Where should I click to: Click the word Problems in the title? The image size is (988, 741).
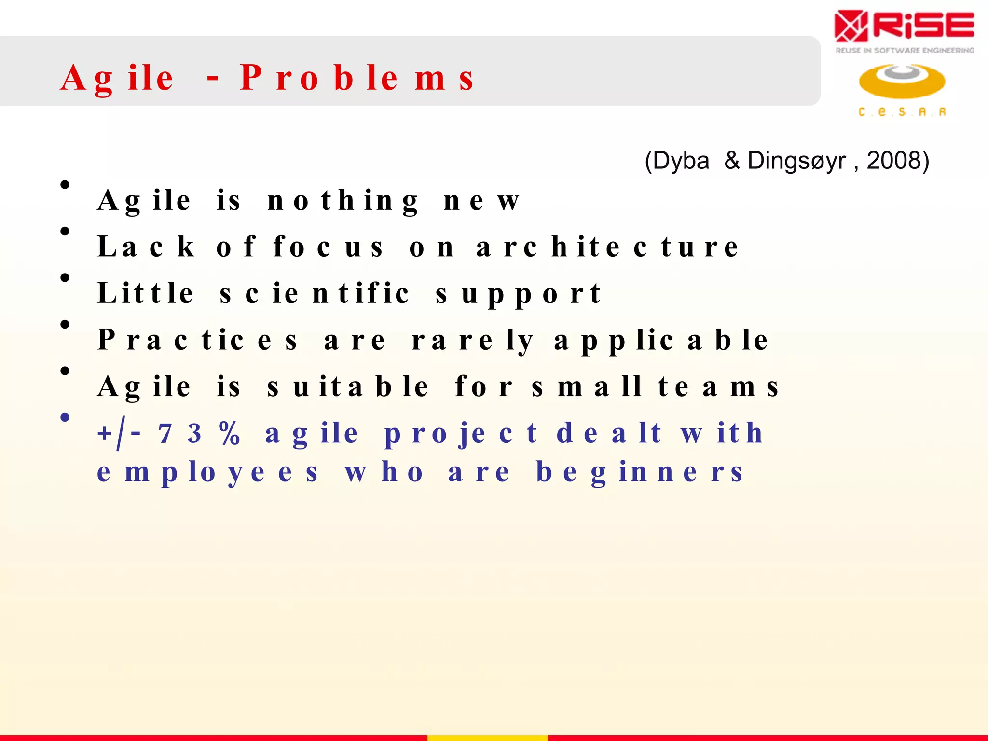pyautogui.click(x=357, y=78)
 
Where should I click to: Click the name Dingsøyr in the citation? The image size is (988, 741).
pyautogui.click(x=796, y=161)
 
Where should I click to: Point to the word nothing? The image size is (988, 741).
pyautogui.click(x=343, y=201)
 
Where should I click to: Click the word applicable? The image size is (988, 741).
pyautogui.click(x=661, y=340)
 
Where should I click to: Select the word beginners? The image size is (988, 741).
pyautogui.click(x=639, y=472)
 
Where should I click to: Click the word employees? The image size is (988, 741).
pyautogui.click(x=207, y=472)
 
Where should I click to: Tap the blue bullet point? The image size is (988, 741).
pyautogui.click(x=65, y=417)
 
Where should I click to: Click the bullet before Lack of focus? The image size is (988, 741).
pyautogui.click(x=65, y=232)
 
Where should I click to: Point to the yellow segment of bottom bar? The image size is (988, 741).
pyautogui.click(x=487, y=738)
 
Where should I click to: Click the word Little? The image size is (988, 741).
pyautogui.click(x=145, y=293)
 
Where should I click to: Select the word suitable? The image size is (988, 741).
pyautogui.click(x=347, y=386)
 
